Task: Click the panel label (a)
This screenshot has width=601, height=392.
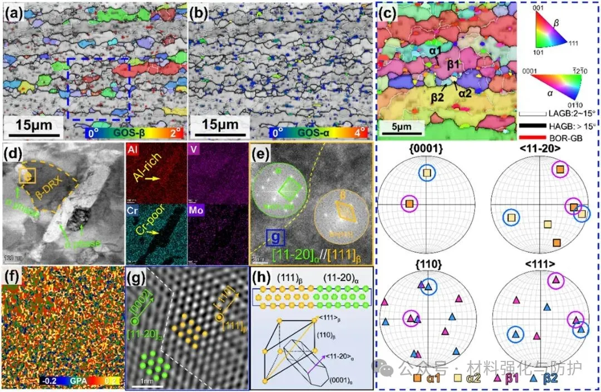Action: click(14, 12)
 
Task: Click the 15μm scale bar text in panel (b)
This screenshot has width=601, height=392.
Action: click(219, 121)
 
